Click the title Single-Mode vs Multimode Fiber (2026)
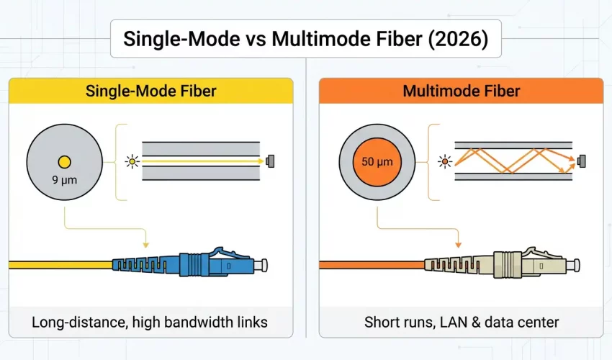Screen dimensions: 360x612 [305, 39]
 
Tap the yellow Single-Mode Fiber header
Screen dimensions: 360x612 [150, 91]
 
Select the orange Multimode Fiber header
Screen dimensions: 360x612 [461, 91]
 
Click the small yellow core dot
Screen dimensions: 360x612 [64, 161]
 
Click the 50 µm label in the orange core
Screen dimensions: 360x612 [377, 161]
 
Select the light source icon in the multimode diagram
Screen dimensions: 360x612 [444, 161]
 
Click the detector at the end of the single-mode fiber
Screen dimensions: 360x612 [271, 161]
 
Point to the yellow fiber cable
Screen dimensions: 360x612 [58, 265]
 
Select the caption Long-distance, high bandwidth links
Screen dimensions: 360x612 [150, 321]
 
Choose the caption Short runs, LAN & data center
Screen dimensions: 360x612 [461, 321]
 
